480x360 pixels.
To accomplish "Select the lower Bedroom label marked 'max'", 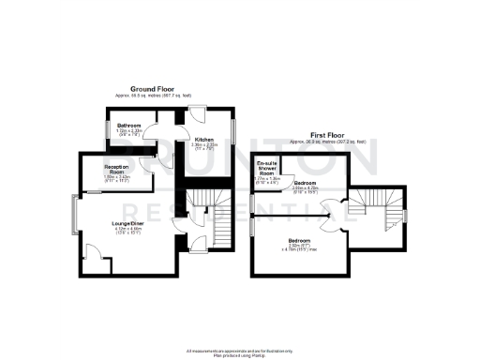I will click(x=300, y=241).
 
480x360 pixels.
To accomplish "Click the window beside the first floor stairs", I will click(x=407, y=217).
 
